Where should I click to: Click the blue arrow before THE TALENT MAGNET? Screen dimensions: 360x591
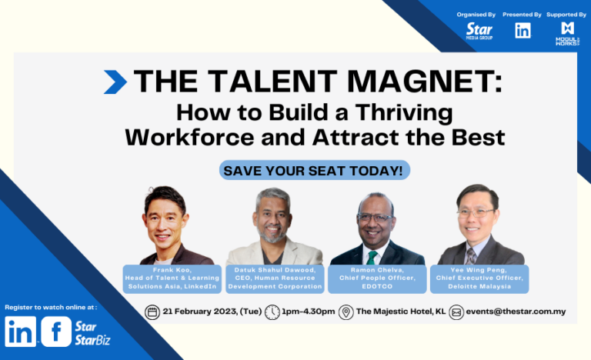click(x=115, y=82)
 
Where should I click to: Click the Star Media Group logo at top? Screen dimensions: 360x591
click(x=479, y=32)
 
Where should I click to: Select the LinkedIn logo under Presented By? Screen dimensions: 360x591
click(x=523, y=31)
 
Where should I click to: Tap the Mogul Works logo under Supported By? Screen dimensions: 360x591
click(x=567, y=32)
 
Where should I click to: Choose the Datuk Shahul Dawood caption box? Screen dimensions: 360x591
click(x=275, y=278)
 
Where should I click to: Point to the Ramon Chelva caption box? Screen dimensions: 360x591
click(x=377, y=278)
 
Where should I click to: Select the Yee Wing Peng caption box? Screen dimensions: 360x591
click(x=481, y=278)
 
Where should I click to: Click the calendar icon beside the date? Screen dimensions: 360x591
click(x=152, y=312)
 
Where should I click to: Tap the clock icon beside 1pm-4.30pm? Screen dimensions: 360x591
click(x=272, y=312)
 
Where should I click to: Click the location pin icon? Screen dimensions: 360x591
click(x=346, y=312)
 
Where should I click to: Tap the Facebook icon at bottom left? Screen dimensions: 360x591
click(x=56, y=332)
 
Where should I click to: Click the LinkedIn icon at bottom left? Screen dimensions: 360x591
click(x=19, y=332)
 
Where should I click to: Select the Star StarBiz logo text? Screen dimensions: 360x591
click(x=93, y=332)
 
